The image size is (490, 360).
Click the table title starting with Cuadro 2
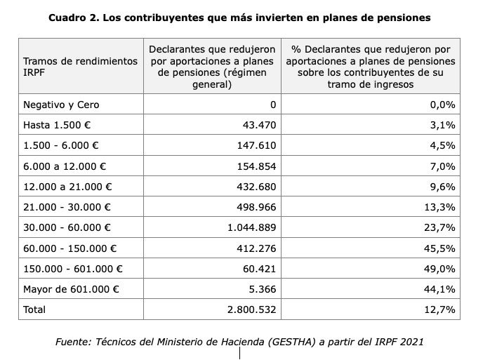239,16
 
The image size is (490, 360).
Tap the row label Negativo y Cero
61,105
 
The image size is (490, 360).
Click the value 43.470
260,125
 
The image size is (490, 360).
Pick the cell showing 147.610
257,146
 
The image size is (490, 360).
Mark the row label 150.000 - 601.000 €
72,269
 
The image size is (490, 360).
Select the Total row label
35,309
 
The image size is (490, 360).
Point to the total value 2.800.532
251,309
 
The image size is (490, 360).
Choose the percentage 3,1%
445,125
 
